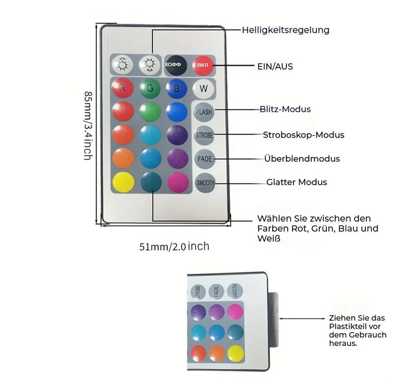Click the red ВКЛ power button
point(203,65)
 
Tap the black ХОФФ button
point(176,65)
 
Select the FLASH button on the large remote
point(204,112)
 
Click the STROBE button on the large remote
point(204,135)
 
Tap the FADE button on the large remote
point(204,159)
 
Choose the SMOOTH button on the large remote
point(205,183)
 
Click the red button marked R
point(123,88)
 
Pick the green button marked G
point(150,88)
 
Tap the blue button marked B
point(176,88)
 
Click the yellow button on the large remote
point(124,182)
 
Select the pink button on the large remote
point(178,182)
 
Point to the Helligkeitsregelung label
point(286,30)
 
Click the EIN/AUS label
point(275,66)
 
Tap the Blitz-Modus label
point(285,109)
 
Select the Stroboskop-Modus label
point(304,135)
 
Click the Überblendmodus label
point(302,158)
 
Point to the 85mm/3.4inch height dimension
point(88,126)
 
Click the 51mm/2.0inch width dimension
point(174,246)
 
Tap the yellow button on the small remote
point(236,353)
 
